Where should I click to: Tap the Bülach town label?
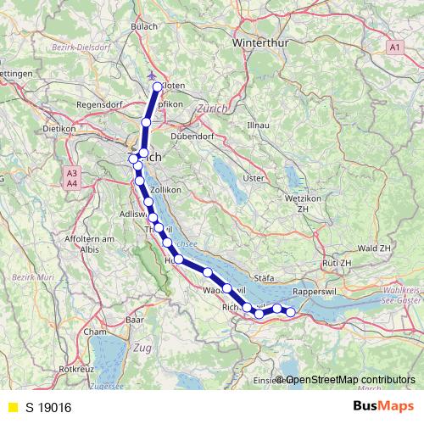(145, 27)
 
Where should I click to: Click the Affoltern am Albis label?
(89, 245)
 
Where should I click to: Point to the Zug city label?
(142, 348)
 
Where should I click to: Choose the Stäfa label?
(265, 276)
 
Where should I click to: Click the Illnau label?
(257, 125)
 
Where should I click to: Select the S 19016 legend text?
(48, 407)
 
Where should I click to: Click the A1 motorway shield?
(395, 47)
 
